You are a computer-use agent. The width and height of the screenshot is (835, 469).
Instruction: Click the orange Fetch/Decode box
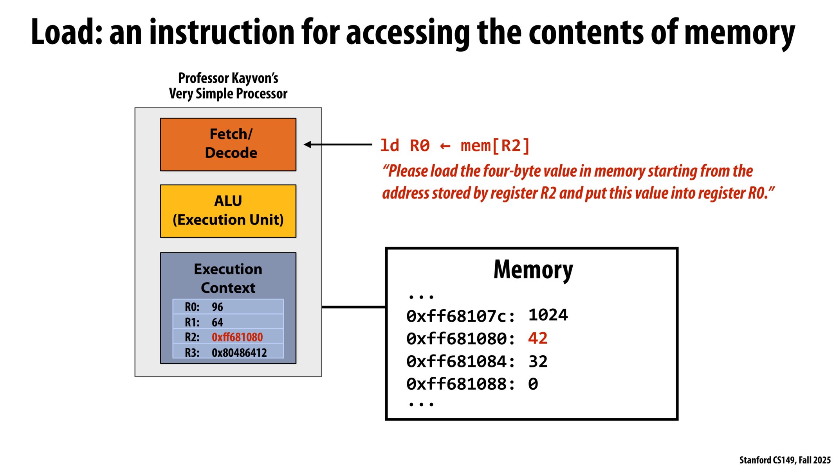(228, 144)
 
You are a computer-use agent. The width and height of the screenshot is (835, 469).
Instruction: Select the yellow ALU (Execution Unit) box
(228, 211)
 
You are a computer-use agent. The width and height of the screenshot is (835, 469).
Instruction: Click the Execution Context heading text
(228, 278)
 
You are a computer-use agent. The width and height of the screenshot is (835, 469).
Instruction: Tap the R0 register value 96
(217, 307)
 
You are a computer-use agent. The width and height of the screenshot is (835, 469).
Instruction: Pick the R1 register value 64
(217, 322)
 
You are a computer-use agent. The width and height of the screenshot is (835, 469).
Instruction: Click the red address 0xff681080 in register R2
(237, 337)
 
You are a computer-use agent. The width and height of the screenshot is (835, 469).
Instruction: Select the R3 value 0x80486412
(239, 353)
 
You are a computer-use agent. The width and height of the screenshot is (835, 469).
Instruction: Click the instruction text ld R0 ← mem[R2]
(455, 146)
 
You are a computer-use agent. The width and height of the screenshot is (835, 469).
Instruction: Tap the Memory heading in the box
(533, 270)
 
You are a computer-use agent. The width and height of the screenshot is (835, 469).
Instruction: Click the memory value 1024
(548, 315)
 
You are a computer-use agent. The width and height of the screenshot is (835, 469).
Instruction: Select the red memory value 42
(538, 338)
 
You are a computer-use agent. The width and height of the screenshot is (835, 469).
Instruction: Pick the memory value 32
(538, 362)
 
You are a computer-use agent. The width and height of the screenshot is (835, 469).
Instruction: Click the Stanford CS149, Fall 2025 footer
(785, 460)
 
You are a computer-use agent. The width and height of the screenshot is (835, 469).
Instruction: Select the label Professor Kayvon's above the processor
(228, 78)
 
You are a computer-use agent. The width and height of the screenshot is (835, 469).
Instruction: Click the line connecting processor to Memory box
(353, 307)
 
